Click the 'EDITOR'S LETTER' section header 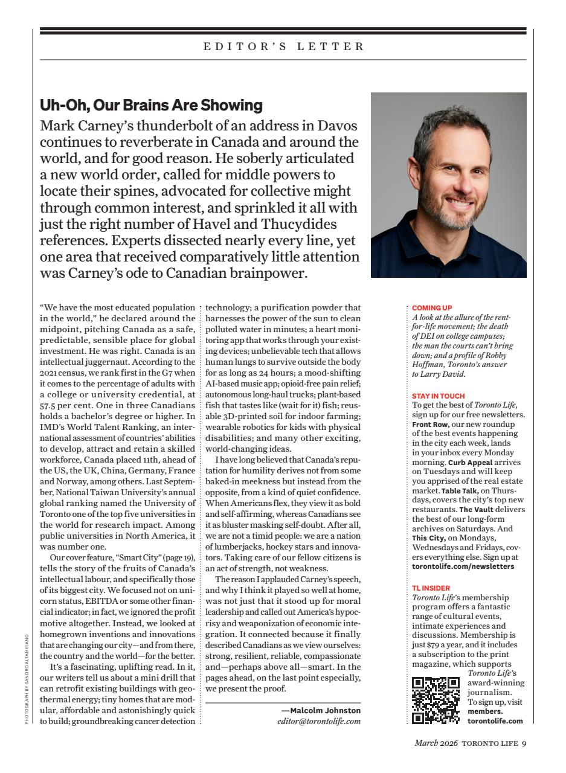tap(283, 47)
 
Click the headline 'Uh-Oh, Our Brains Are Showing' tap(151, 105)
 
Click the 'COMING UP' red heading tap(432, 308)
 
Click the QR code tap(436, 700)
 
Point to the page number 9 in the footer tap(524, 743)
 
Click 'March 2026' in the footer tap(436, 743)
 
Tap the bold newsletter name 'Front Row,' tap(430, 425)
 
